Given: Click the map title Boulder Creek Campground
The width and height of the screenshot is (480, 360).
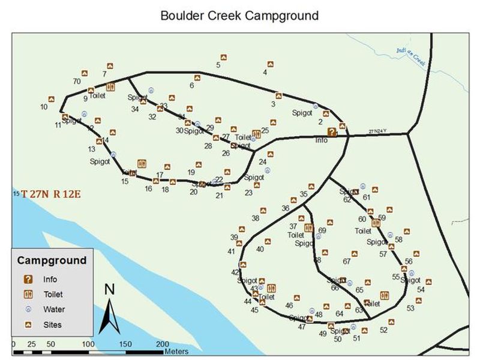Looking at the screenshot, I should click(239, 14).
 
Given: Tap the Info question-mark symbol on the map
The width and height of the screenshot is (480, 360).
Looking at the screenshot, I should click(331, 132).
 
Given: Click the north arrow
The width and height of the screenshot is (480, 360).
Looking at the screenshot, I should click(109, 309).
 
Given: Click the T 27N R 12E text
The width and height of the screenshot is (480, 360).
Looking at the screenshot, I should click(50, 194).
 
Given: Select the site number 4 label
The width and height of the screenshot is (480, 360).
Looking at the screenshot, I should click(265, 73).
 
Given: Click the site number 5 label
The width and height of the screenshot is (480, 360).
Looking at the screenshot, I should click(218, 65).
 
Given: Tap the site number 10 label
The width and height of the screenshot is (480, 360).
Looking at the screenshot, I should click(44, 107).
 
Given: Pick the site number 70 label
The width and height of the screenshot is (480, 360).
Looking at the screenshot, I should click(77, 81).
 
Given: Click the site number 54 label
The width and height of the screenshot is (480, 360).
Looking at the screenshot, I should click(421, 289).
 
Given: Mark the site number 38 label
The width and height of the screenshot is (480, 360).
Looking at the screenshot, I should click(255, 218).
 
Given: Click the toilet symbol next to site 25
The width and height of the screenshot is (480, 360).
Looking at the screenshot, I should click(257, 134).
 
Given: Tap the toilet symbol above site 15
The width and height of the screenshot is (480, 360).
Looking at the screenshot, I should click(142, 163).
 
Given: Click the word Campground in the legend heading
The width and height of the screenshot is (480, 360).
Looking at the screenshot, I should click(52, 260).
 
